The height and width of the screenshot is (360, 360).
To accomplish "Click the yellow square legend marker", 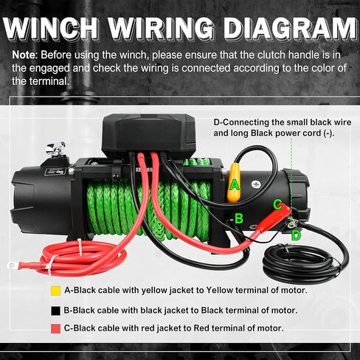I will tap(55, 290).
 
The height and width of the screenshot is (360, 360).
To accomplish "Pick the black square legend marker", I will tap(55, 309).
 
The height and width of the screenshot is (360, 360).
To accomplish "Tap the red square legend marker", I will tap(55, 328).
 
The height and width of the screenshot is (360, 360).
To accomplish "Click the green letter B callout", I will tap(238, 218).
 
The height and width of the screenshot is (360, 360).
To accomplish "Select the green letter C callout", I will tap(277, 204).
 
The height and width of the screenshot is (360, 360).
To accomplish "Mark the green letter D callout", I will tap(295, 235).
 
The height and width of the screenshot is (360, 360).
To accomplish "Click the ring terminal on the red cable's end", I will tap(13, 263).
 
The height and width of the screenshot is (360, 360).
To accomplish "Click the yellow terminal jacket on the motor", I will tap(234, 184).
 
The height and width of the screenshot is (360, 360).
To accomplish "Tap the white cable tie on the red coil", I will tap(49, 263).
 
